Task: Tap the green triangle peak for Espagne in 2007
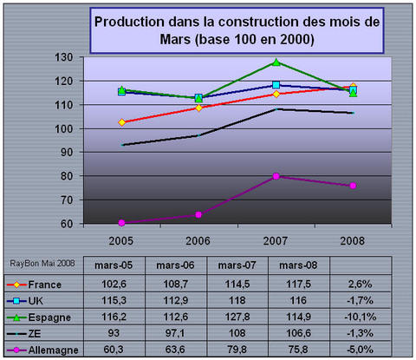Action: tap(276, 62)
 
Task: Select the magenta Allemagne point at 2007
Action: tap(276, 176)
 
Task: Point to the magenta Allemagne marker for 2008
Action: tap(353, 186)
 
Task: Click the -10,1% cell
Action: tap(361, 315)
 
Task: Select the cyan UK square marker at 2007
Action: tap(276, 86)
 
